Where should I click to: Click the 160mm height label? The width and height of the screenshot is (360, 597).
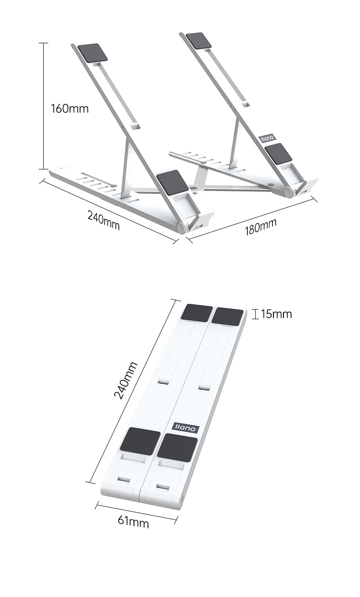coord(69,109)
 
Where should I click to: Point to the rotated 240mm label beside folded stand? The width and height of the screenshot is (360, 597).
coord(125,380)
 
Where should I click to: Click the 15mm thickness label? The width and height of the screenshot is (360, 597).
coord(276,314)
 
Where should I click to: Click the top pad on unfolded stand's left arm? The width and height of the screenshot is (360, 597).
coord(93,53)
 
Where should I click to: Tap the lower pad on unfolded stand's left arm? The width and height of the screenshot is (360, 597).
coord(172,183)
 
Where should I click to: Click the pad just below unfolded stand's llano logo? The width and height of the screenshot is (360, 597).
coord(278,153)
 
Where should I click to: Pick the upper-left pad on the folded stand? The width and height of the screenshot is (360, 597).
coord(197,313)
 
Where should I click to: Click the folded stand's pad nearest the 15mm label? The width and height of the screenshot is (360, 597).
coord(228,316)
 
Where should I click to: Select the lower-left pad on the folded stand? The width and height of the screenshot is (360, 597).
coord(140,441)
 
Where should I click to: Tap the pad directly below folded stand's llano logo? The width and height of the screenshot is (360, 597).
coord(178,447)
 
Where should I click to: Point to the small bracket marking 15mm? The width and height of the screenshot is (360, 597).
coord(256,314)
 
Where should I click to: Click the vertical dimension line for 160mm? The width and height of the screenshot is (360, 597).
coord(43,106)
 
